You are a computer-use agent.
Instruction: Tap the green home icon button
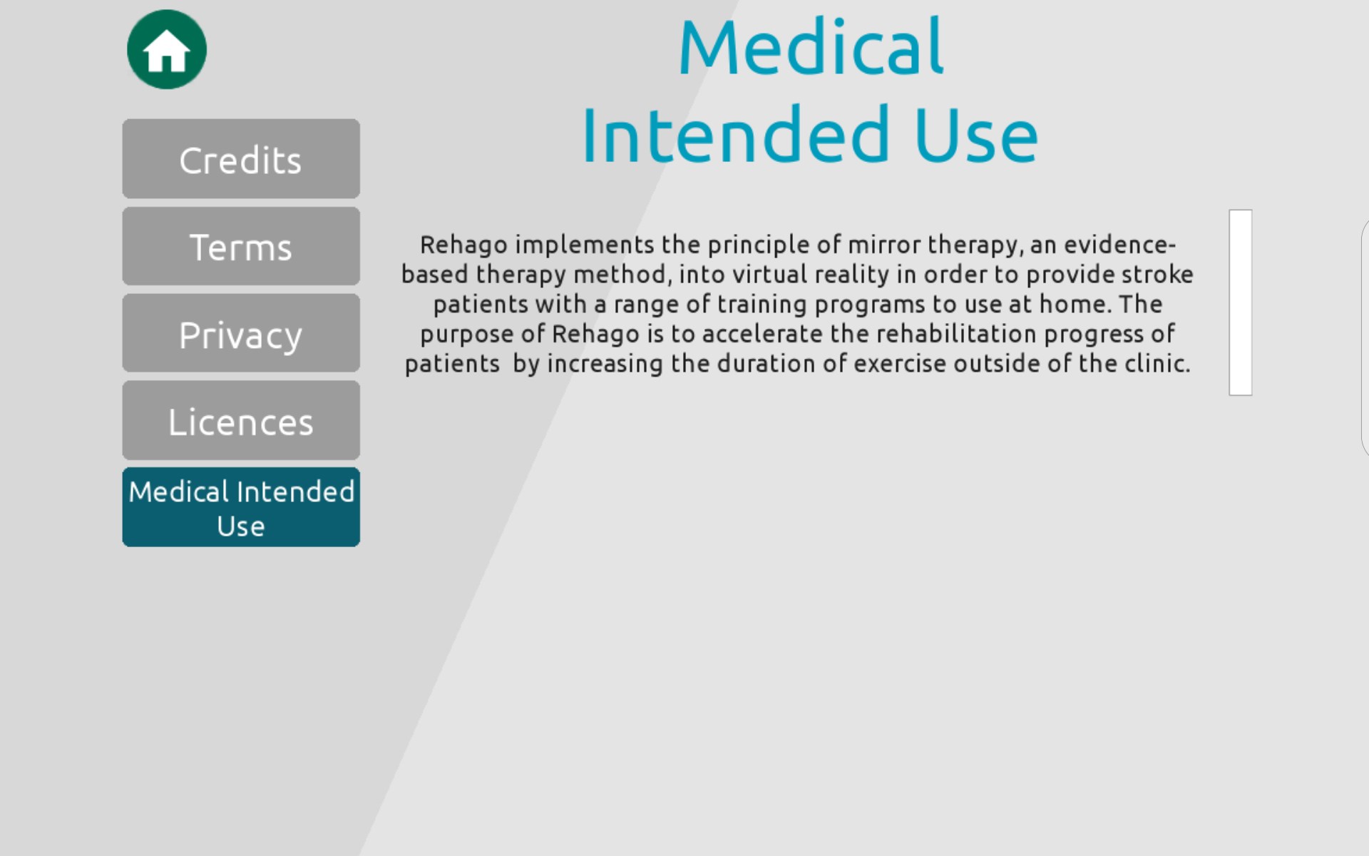(x=167, y=49)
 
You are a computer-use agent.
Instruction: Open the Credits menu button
(x=241, y=158)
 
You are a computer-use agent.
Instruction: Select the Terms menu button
(x=241, y=246)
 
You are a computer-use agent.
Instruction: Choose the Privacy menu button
(x=241, y=333)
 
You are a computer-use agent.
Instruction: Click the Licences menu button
(x=241, y=420)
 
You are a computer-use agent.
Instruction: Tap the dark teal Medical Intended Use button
(x=241, y=507)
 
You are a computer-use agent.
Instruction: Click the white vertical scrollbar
(x=1241, y=302)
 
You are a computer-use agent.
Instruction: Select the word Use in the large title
(x=976, y=136)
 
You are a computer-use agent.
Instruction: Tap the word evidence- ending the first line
(x=1119, y=245)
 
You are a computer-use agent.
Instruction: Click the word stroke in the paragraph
(x=1157, y=274)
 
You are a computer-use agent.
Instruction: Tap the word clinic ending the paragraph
(x=1154, y=364)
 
